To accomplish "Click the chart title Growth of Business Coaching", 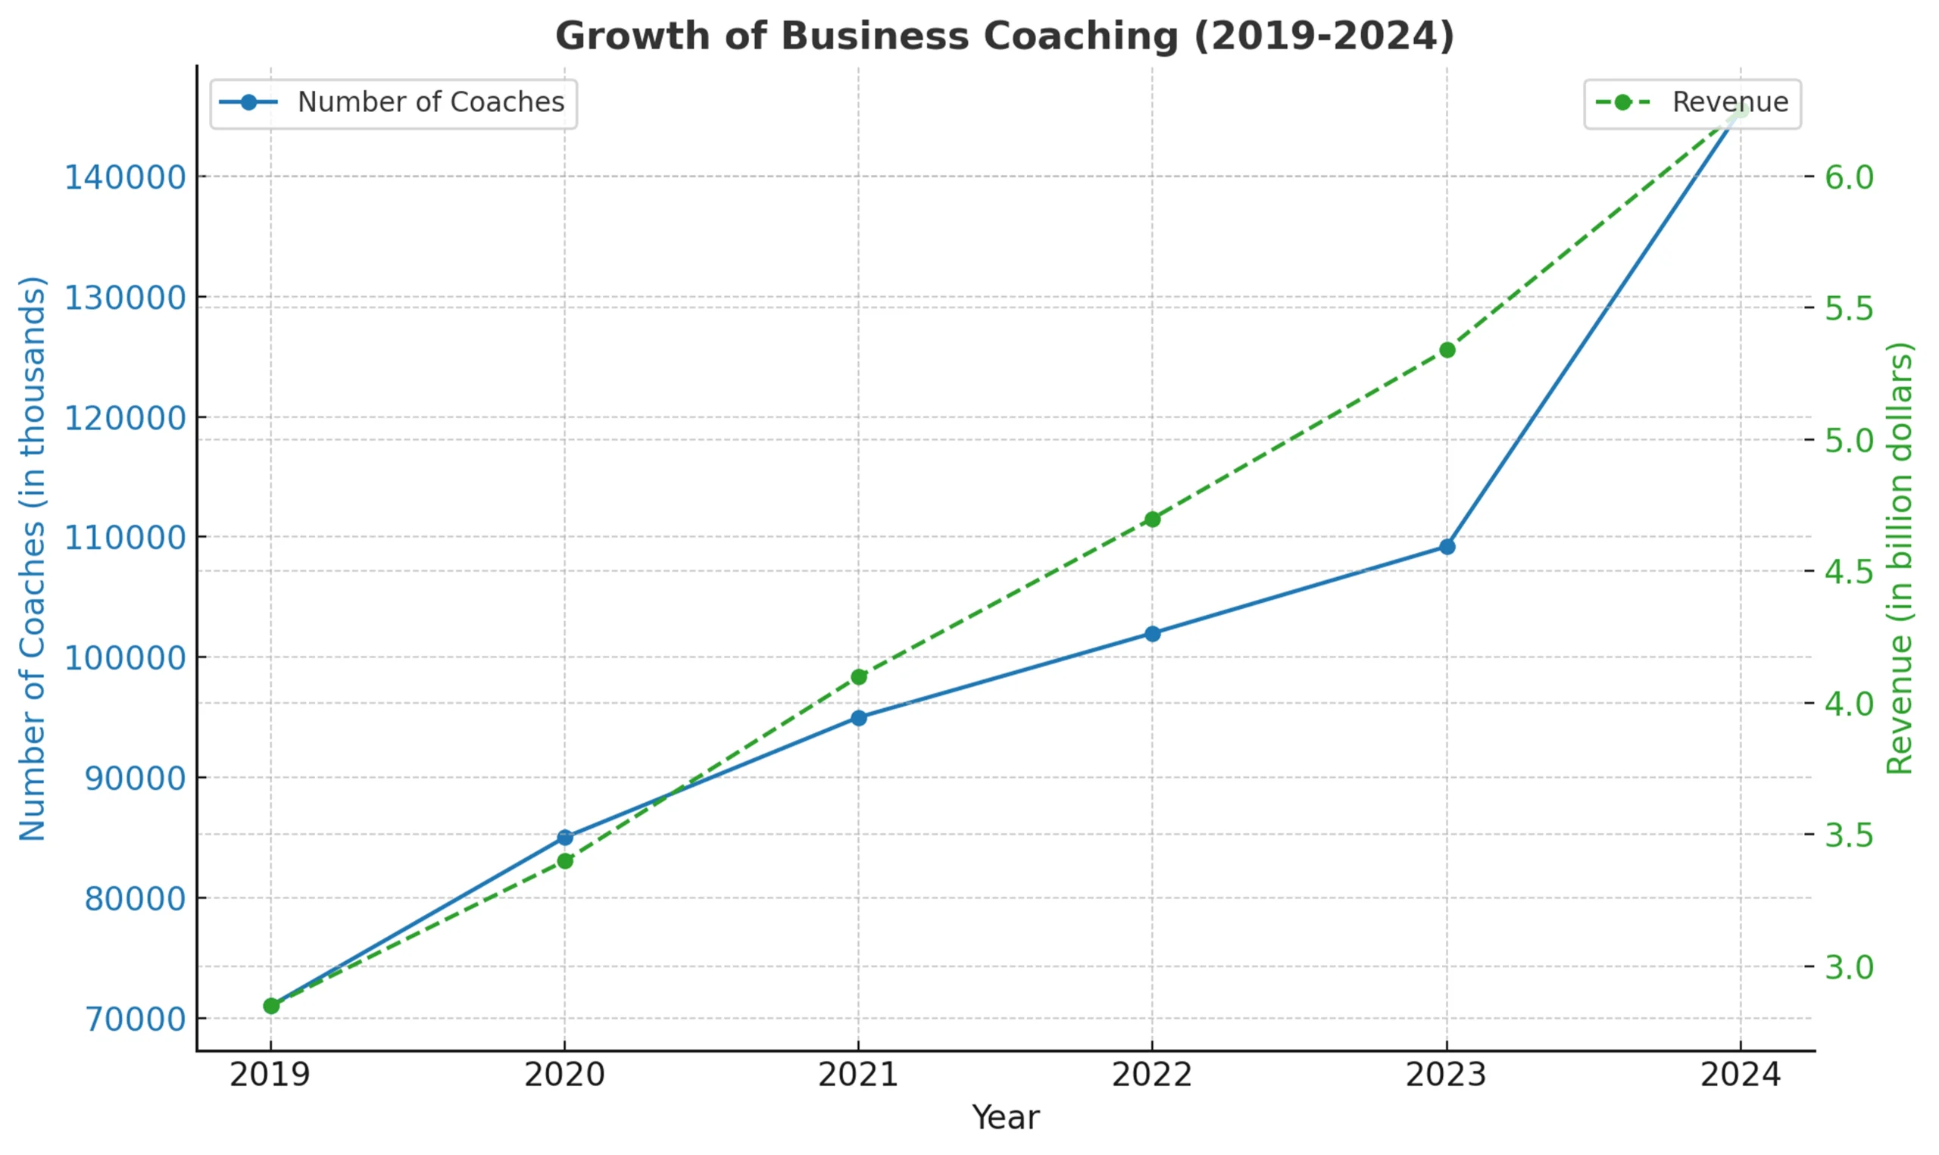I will click(x=1004, y=36).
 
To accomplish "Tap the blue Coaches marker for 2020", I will click(x=565, y=838).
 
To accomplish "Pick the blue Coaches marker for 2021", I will click(x=858, y=717).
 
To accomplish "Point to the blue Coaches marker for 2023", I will click(x=1447, y=547).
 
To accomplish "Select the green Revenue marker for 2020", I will click(x=565, y=861).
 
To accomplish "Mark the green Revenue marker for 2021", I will click(x=858, y=677).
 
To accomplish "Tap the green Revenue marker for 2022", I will click(x=1152, y=519).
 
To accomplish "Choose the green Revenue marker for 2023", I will click(x=1447, y=350).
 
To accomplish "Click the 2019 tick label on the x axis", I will click(x=270, y=1075).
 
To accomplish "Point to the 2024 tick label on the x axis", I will click(x=1740, y=1075).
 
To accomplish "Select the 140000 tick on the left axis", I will click(x=124, y=177).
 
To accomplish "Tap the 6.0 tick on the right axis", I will click(x=1849, y=177).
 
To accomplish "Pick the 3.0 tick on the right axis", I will click(x=1849, y=967).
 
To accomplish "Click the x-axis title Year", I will click(x=1005, y=1119).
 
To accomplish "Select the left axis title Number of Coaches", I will click(x=33, y=558).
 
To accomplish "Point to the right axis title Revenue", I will click(x=1900, y=558).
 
